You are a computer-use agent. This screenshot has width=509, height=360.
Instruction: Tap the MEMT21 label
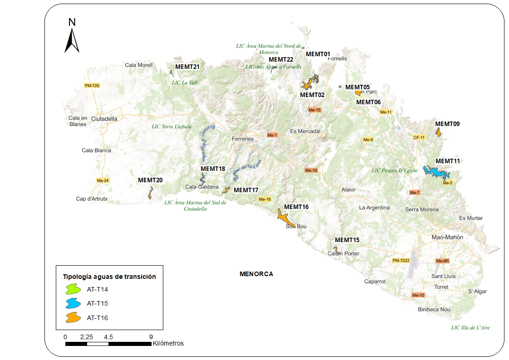[187, 67]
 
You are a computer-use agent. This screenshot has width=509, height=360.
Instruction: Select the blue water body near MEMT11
[436, 173]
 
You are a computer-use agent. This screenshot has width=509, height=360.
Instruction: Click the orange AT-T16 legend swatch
[73, 318]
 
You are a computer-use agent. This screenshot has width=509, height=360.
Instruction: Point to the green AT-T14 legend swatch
[73, 289]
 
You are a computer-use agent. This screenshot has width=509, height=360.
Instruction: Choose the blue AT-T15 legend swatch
[73, 303]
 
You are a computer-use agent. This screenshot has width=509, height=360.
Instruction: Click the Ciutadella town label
[104, 119]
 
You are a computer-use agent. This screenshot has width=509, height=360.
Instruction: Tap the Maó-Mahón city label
[447, 237]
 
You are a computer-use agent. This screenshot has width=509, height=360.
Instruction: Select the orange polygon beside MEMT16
[285, 219]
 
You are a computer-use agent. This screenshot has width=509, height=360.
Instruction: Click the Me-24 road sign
[103, 180]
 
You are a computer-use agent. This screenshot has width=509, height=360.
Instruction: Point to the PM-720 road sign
[92, 86]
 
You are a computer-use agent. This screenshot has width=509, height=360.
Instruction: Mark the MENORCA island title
[256, 274]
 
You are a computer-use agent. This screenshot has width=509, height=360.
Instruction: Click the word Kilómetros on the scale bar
[168, 343]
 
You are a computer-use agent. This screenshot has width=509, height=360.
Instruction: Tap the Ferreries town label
[243, 139]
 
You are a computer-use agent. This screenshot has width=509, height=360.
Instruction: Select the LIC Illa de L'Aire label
[470, 327]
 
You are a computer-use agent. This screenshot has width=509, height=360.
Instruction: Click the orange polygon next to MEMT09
[438, 132]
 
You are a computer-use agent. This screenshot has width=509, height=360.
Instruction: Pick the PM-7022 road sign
[401, 261]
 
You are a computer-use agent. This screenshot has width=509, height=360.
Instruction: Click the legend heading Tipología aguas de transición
[109, 276]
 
